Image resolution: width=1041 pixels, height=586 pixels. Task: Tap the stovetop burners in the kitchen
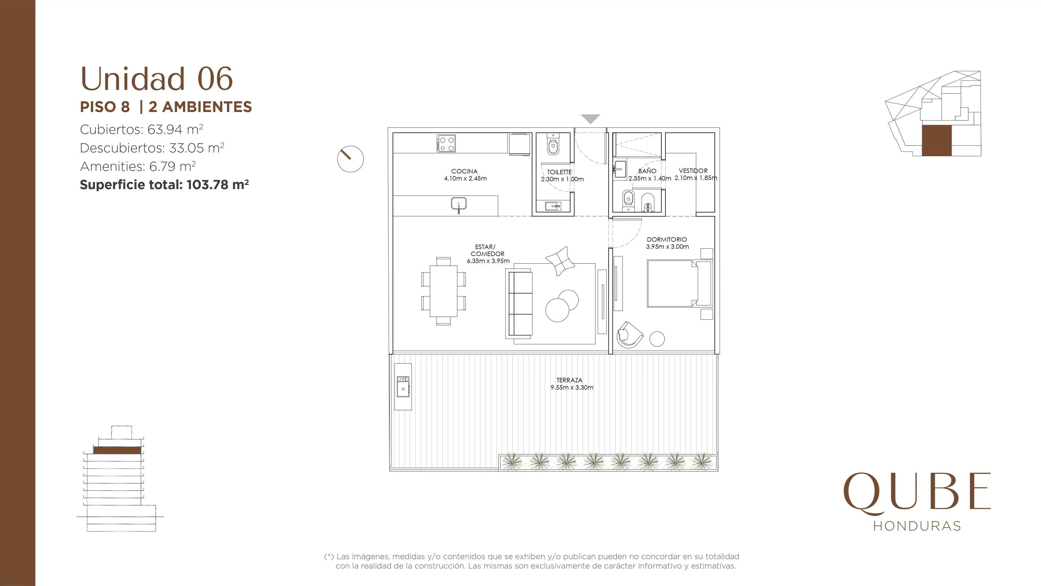point(446,144)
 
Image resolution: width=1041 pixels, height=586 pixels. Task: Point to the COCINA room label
point(464,171)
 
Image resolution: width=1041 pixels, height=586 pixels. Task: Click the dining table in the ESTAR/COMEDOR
point(443,291)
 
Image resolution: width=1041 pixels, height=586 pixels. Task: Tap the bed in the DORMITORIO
point(679,283)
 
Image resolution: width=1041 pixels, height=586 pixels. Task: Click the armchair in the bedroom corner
point(630,334)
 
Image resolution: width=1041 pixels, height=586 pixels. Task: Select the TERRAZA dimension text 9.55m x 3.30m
point(572,388)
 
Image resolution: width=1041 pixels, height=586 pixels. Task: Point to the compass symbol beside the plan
point(350,159)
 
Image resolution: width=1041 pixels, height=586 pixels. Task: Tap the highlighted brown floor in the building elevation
point(117,450)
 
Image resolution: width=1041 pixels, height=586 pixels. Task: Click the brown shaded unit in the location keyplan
point(936,140)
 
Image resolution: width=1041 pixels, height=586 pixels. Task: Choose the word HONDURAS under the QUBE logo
point(917,526)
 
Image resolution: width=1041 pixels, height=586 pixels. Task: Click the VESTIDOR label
point(693,171)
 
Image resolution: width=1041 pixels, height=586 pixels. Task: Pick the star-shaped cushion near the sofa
point(560,261)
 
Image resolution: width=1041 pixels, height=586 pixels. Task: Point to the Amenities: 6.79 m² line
point(138,166)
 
